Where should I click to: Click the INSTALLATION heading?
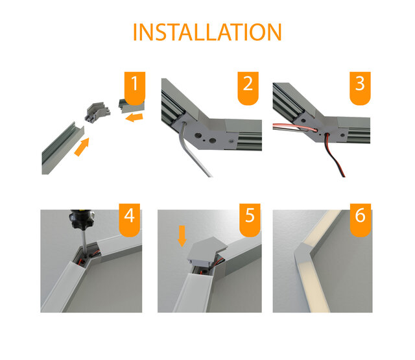[207, 32]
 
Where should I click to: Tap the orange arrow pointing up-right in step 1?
[82, 147]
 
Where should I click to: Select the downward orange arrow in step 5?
[182, 235]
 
